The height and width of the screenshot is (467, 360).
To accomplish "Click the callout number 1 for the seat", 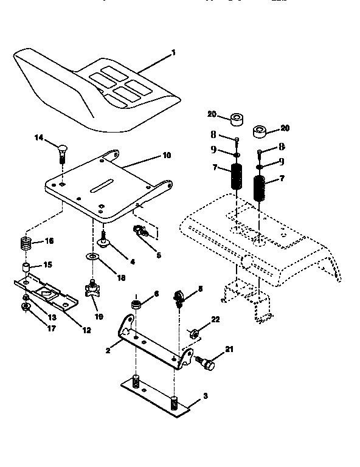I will [x=173, y=53].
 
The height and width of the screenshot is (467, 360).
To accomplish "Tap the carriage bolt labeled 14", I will [x=61, y=150].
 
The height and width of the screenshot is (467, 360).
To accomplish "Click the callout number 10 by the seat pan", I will [x=167, y=156].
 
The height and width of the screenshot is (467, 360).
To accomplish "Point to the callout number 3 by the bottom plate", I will [x=205, y=396].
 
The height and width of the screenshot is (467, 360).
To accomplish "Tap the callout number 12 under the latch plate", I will [x=86, y=330].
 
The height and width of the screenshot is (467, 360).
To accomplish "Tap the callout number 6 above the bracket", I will [x=156, y=294].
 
